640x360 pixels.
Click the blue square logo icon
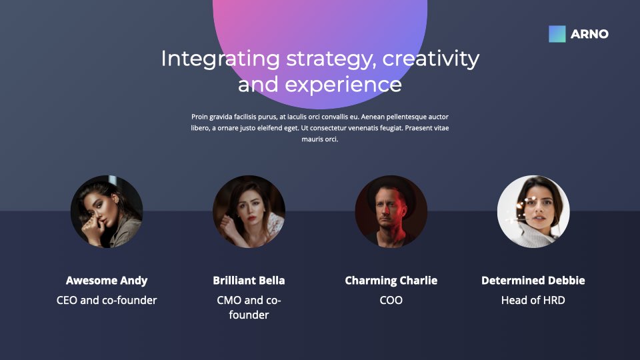(557, 34)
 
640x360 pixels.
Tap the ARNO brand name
(589, 34)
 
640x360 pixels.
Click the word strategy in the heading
(331, 59)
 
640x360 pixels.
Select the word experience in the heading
(343, 85)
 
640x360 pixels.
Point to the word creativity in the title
(431, 59)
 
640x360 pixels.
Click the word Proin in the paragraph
(199, 117)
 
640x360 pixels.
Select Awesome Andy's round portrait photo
(107, 211)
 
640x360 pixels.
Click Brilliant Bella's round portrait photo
(249, 211)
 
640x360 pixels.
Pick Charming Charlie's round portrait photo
(391, 211)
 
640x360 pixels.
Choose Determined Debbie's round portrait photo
(533, 211)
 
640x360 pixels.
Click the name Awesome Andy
(107, 281)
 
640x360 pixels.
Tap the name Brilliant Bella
(249, 281)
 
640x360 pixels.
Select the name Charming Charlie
(391, 281)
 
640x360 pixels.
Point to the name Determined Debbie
(533, 281)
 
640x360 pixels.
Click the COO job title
(391, 301)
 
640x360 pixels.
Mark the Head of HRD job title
(533, 301)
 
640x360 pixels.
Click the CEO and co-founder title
(107, 301)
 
